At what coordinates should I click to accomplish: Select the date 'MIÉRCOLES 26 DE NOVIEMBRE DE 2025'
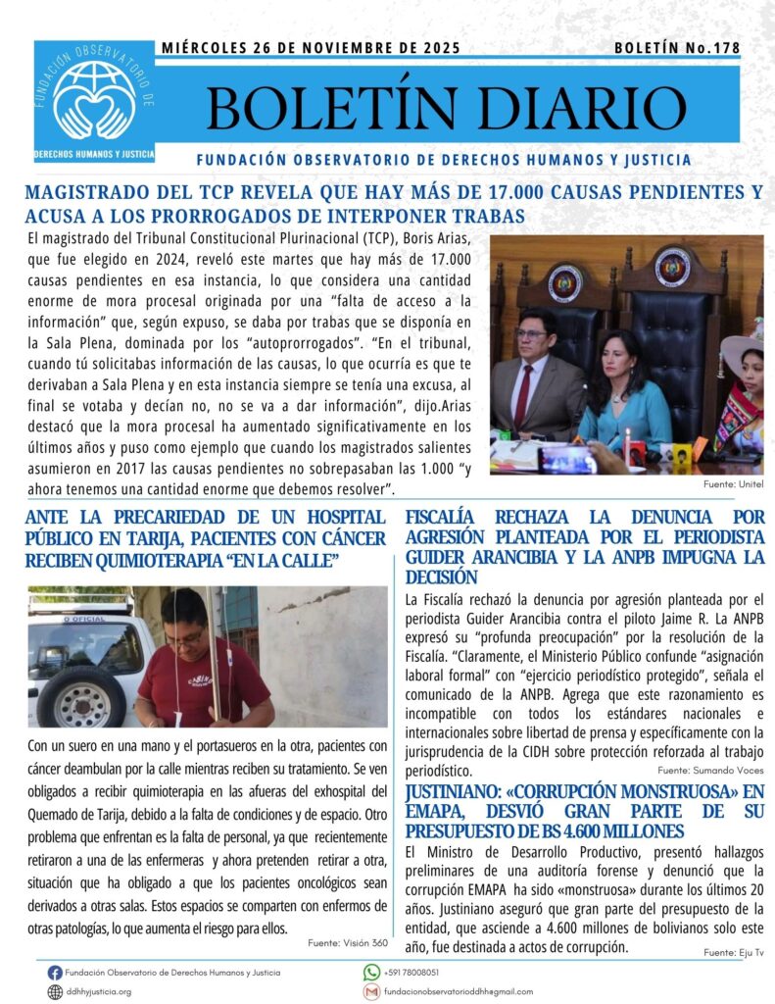[x=311, y=47]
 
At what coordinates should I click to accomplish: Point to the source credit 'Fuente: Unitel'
[x=733, y=485]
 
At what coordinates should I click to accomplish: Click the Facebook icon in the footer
[x=55, y=973]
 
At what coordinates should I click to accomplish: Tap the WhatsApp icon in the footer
[x=371, y=973]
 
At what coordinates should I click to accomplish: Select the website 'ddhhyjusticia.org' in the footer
[x=98, y=991]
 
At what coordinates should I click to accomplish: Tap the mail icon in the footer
[x=371, y=991]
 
